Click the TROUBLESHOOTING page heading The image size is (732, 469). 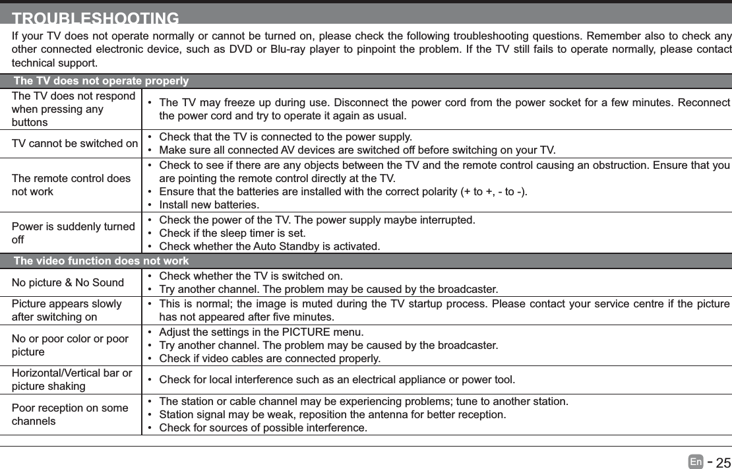(x=96, y=18)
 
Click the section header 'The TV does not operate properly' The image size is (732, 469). (x=101, y=81)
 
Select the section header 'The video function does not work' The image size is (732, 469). (x=101, y=261)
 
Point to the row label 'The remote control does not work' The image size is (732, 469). (x=71, y=185)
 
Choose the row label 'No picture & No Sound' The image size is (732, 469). (x=68, y=283)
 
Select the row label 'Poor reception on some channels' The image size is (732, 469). (x=70, y=414)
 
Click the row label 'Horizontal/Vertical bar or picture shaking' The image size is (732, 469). (x=71, y=379)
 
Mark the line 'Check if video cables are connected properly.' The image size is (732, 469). (x=270, y=358)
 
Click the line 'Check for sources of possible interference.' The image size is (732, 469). (x=264, y=428)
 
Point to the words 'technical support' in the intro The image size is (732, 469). (x=54, y=63)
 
